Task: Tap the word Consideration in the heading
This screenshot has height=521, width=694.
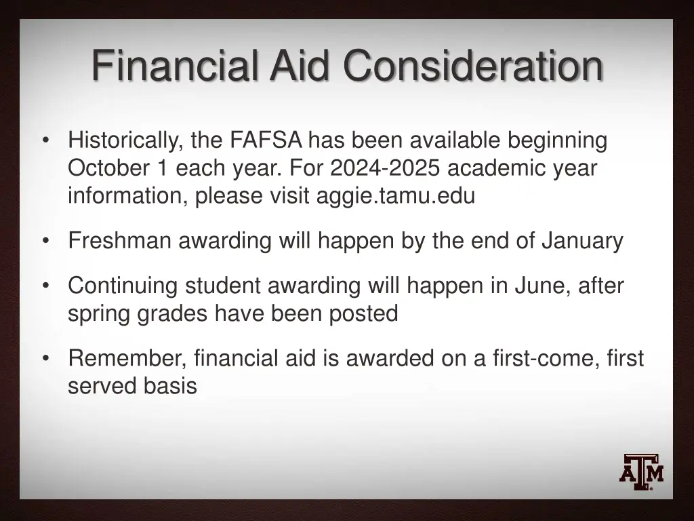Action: pyautogui.click(x=472, y=66)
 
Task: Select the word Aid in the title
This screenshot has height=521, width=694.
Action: pyautogui.click(x=301, y=66)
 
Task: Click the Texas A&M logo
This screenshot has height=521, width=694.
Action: pyautogui.click(x=641, y=471)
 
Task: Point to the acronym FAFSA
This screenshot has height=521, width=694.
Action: pyautogui.click(x=266, y=141)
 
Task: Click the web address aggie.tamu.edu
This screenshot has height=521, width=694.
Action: pyautogui.click(x=396, y=196)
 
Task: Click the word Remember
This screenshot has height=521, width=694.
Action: pyautogui.click(x=127, y=358)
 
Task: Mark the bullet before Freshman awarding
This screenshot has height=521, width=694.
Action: pyautogui.click(x=45, y=241)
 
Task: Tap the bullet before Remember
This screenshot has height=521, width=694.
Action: pyautogui.click(x=45, y=358)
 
